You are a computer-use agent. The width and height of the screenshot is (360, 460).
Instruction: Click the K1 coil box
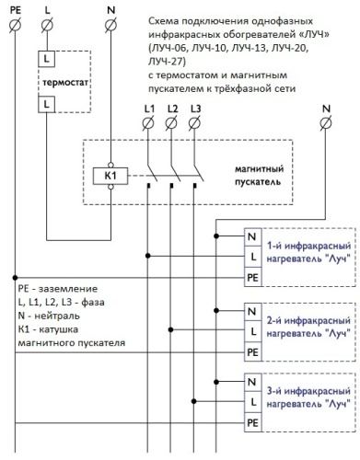111,174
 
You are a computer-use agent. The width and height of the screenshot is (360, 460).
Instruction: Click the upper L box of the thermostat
46,58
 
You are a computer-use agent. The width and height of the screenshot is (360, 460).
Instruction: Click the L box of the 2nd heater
251,330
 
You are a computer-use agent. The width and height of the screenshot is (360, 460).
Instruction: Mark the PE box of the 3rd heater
251,423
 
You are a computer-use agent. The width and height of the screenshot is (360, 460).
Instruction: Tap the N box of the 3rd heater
251,383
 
